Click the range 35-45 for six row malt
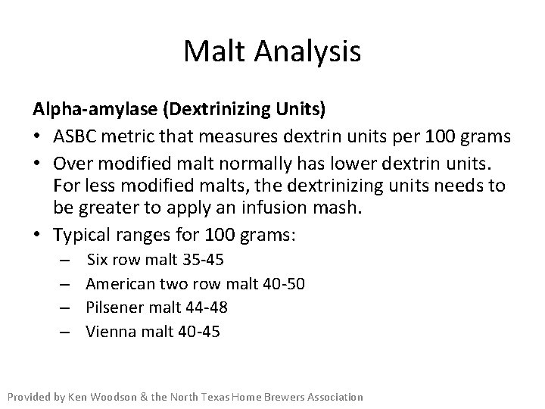[204, 261]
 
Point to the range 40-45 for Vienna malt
[199, 331]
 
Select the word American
[120, 284]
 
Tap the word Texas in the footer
[229, 397]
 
